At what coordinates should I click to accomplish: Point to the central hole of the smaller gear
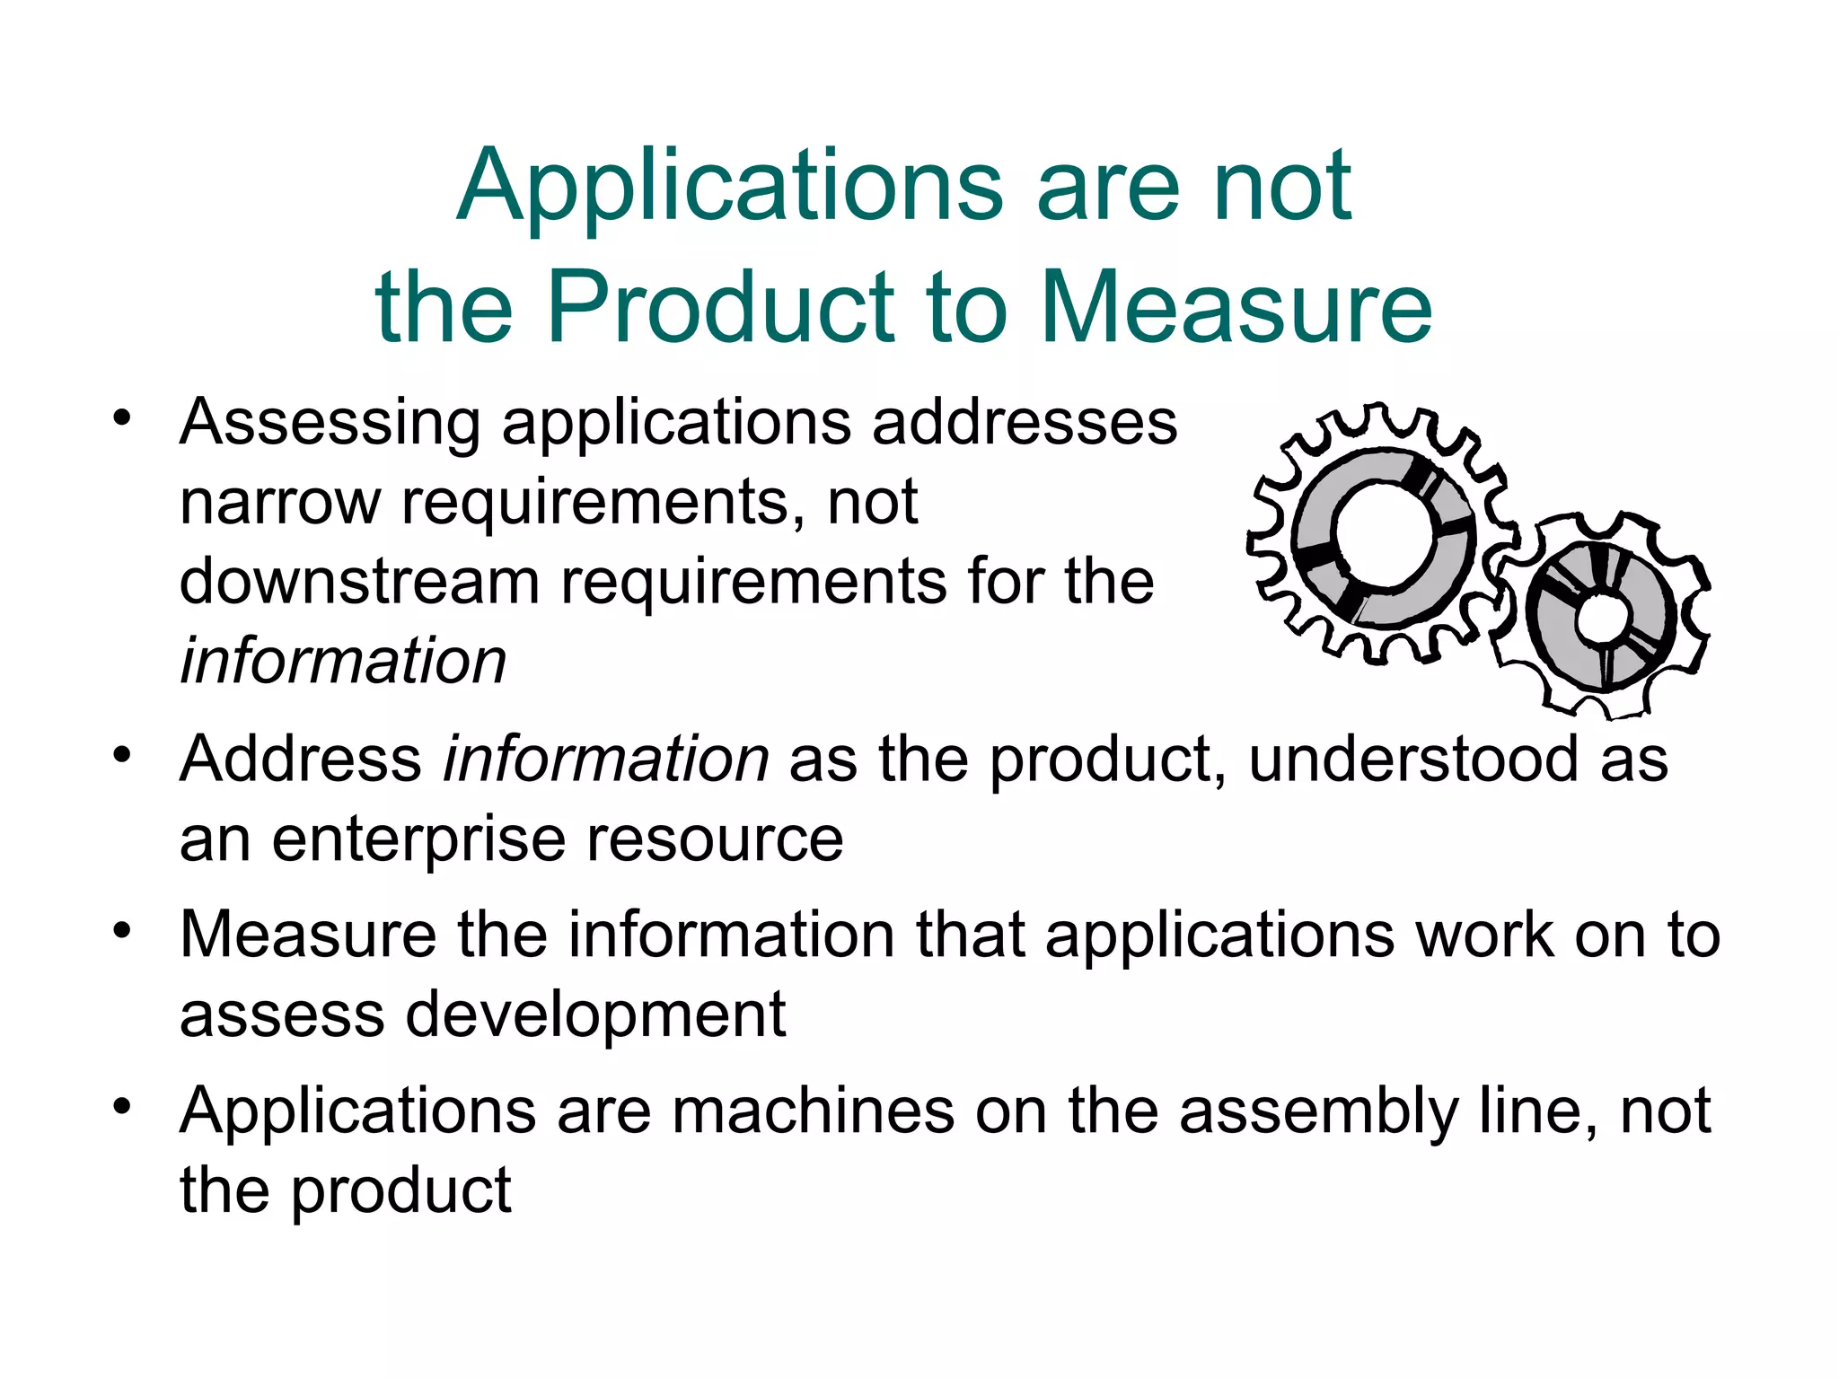(x=1602, y=618)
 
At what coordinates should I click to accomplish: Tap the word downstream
(x=359, y=581)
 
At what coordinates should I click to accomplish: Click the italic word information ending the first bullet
(x=343, y=661)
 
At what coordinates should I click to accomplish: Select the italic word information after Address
(x=606, y=760)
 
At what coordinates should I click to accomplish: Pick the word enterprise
(x=418, y=839)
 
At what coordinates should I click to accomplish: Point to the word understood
(x=1412, y=760)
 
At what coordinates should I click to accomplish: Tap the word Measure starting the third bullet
(x=308, y=935)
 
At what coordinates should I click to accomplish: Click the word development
(x=595, y=1014)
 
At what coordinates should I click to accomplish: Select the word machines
(x=813, y=1111)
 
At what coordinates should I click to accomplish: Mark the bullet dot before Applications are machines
(x=122, y=1106)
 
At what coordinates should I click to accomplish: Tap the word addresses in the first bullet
(x=1025, y=422)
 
